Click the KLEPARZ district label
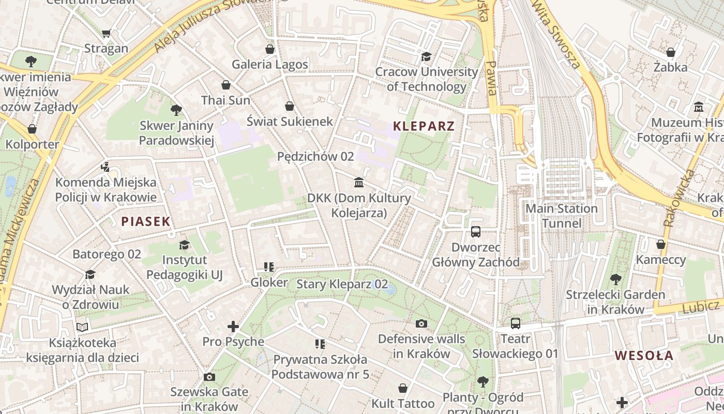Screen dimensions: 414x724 (x=424, y=126)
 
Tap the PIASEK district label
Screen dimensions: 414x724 (x=145, y=221)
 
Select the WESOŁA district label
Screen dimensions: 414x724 (x=644, y=356)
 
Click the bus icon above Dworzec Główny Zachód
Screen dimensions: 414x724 (x=476, y=232)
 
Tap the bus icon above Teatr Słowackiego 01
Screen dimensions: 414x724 (x=515, y=323)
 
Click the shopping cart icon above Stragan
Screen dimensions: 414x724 (x=107, y=34)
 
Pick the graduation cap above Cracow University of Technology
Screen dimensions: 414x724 (x=426, y=56)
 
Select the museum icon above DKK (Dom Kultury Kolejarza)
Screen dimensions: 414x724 (x=359, y=182)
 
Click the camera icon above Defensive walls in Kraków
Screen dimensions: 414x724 (x=421, y=323)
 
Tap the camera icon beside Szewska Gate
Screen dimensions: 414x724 (x=209, y=377)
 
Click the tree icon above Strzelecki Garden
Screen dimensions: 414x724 (x=615, y=279)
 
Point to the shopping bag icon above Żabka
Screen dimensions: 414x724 (x=671, y=52)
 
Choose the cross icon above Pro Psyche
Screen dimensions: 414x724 (x=233, y=327)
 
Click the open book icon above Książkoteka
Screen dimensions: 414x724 (x=82, y=327)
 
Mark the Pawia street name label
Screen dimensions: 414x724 (x=491, y=78)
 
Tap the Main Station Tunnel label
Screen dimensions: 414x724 (x=562, y=216)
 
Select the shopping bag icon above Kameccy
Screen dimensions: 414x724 (x=661, y=244)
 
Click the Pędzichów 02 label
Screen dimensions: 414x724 (x=315, y=156)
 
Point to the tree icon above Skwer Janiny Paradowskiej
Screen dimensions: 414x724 (x=176, y=110)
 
